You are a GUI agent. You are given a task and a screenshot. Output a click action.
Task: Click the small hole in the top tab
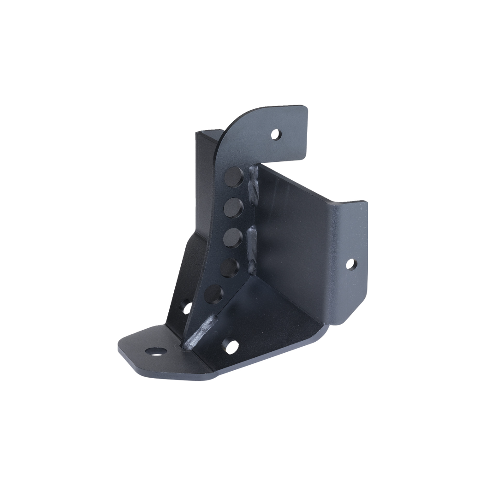tap(276, 135)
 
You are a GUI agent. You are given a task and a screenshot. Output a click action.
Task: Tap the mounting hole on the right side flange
tap(350, 264)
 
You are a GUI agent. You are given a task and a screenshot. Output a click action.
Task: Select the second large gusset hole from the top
tap(234, 208)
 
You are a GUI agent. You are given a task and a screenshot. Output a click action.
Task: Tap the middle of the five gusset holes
tap(233, 238)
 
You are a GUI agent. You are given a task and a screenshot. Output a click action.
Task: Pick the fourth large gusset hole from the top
tap(230, 267)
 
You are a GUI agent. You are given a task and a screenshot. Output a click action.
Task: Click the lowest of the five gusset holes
tap(214, 295)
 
